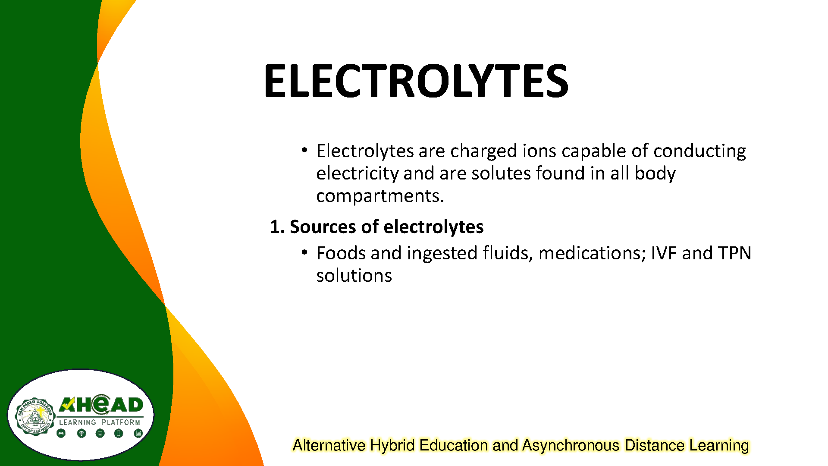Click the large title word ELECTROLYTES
(416, 81)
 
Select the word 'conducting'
(699, 151)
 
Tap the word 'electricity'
(358, 173)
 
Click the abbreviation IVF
(664, 253)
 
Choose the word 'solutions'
(354, 275)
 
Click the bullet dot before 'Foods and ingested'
(304, 252)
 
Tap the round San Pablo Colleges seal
(35, 416)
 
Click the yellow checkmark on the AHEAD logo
(66, 404)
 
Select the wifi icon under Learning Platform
(81, 433)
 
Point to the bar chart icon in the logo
(138, 433)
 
